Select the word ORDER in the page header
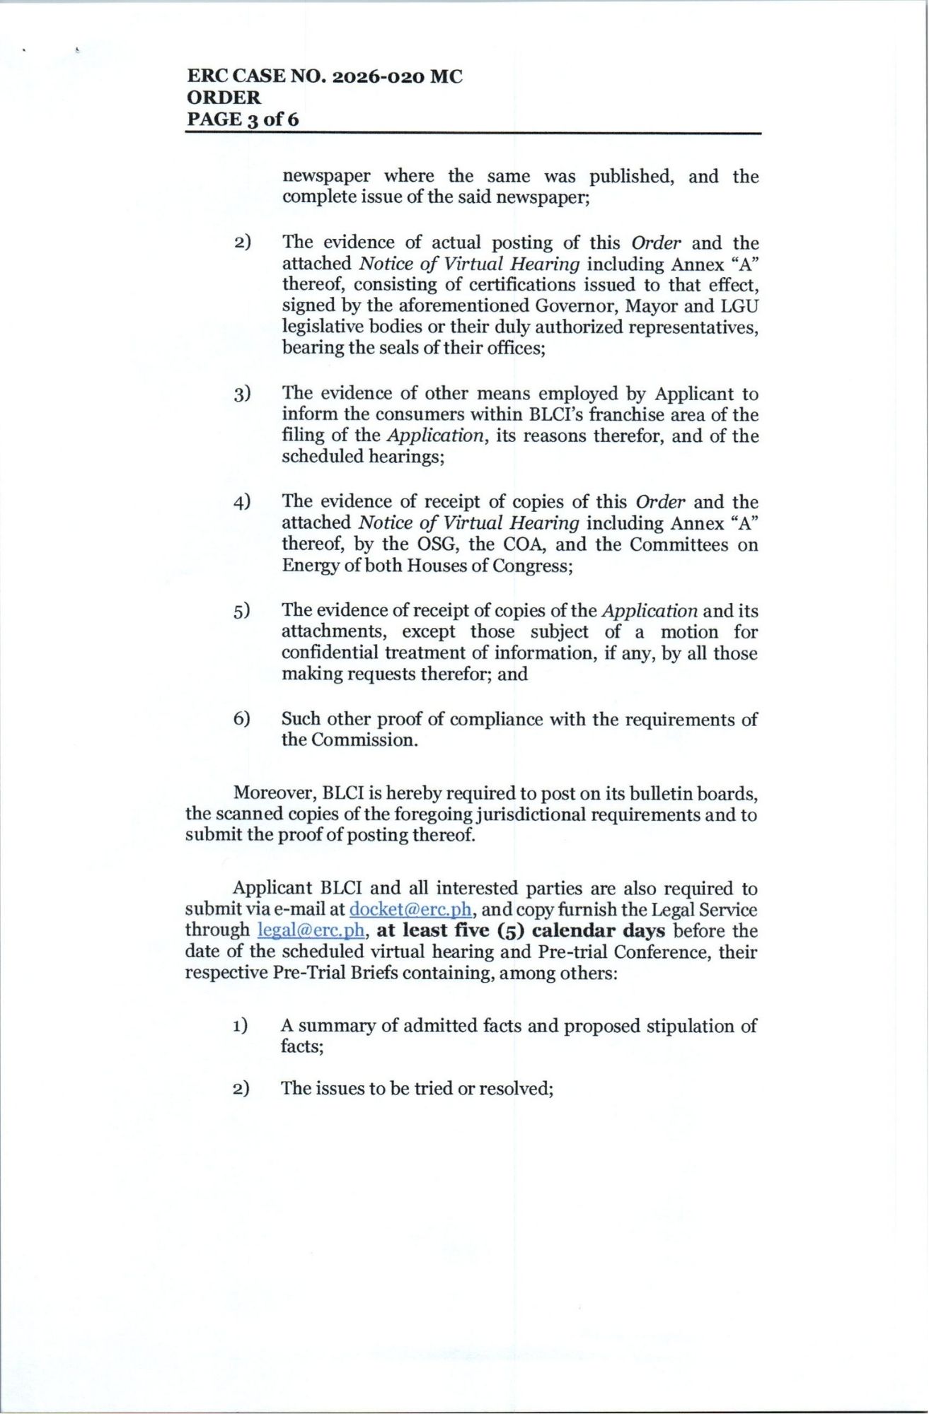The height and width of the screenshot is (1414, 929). click(224, 98)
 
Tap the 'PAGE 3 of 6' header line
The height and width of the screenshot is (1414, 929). click(243, 119)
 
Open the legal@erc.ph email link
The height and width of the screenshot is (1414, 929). click(311, 930)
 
